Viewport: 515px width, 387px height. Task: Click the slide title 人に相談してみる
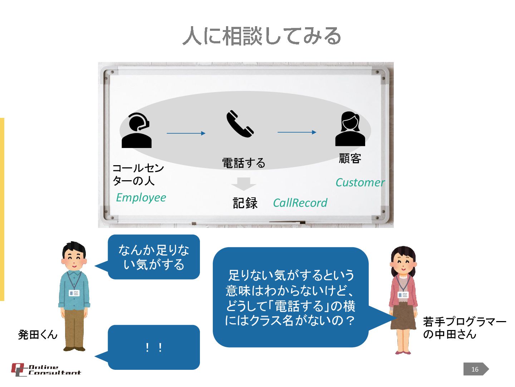261,36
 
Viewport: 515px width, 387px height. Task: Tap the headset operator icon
137,130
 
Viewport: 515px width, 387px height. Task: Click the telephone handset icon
240,124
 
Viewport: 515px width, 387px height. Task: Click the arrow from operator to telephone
186,133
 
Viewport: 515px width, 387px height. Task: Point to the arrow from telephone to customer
297,132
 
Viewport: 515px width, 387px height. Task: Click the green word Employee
141,197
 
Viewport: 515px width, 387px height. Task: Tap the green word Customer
360,182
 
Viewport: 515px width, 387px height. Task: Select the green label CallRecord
300,203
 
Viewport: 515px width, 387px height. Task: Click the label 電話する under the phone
244,163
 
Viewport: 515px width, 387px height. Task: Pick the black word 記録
245,203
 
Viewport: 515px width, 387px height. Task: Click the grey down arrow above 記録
244,184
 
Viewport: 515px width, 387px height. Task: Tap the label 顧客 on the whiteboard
350,158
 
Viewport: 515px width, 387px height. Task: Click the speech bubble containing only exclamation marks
154,347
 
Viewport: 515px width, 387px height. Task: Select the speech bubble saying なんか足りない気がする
154,257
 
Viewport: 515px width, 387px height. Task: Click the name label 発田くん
38,335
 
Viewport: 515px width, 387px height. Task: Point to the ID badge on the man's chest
74,293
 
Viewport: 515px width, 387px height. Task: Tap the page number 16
475,369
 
